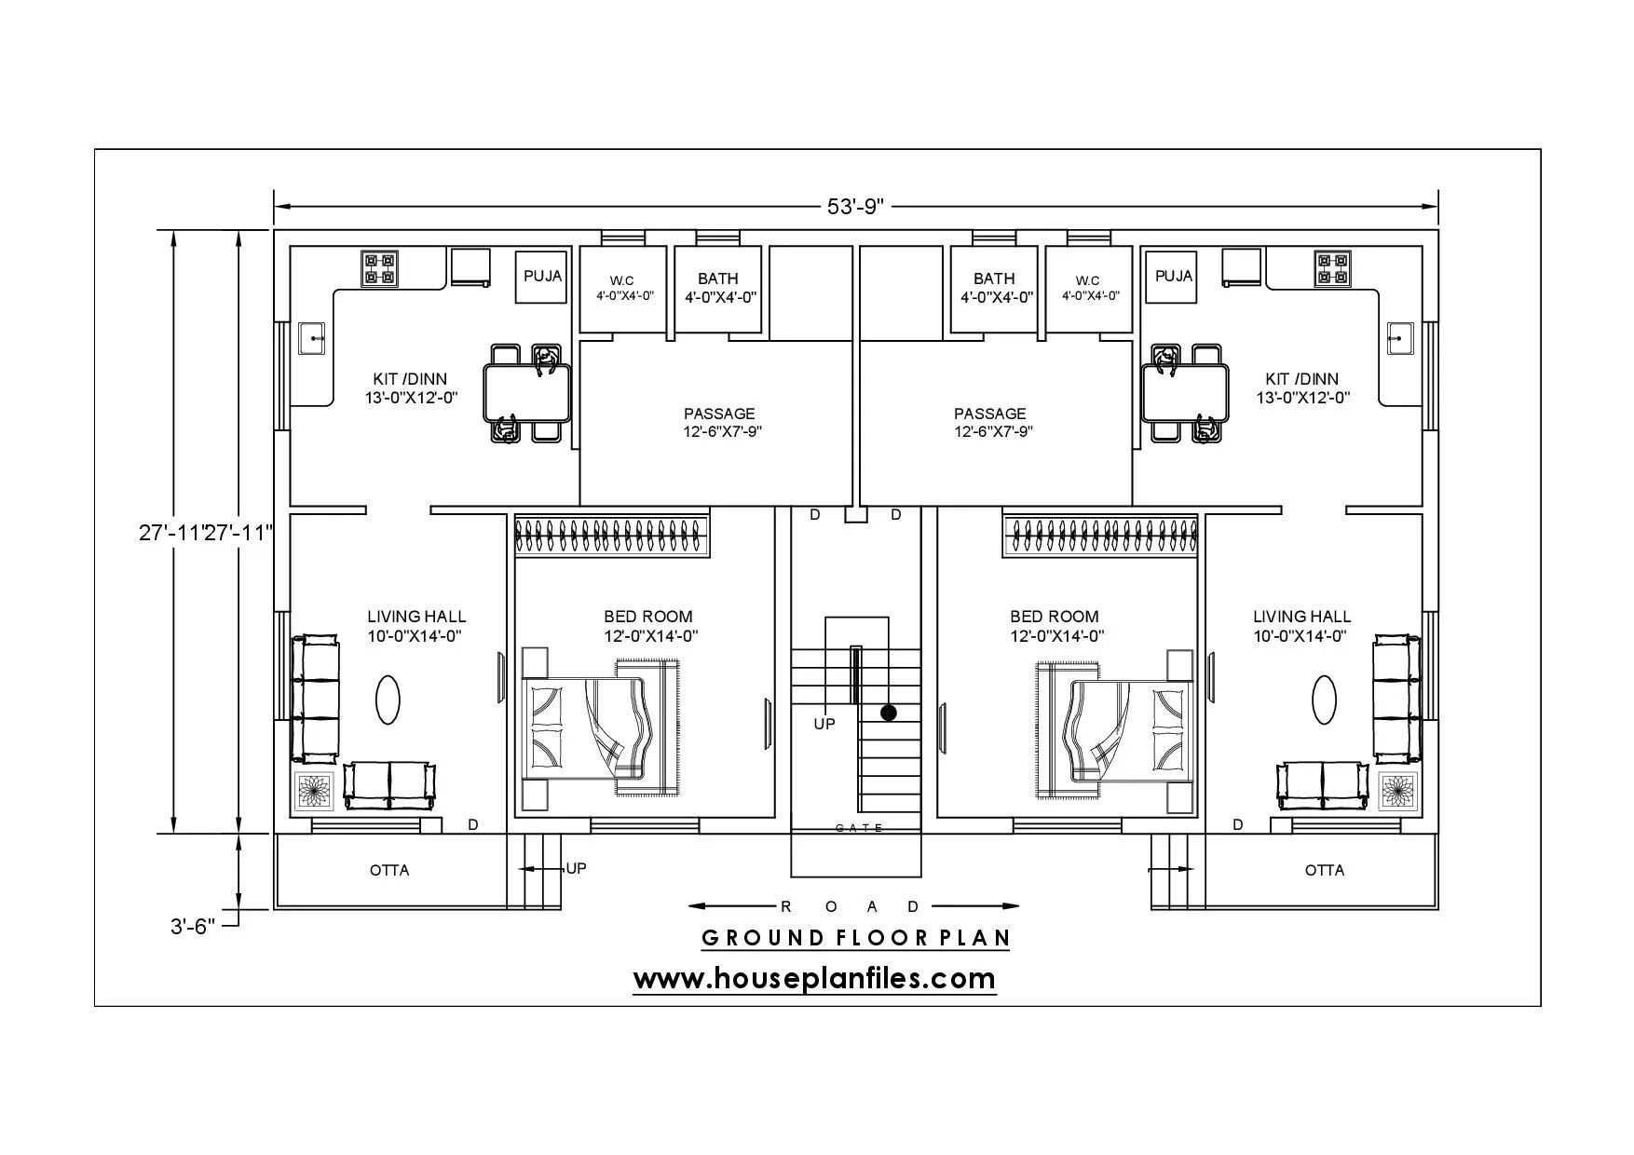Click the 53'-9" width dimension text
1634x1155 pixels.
[x=854, y=206]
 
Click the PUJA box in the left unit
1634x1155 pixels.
[x=542, y=277]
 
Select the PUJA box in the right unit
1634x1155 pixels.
[x=1173, y=276]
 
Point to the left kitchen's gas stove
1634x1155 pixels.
[x=380, y=268]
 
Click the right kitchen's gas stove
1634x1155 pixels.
[x=1332, y=268]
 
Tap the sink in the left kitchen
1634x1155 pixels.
[x=312, y=338]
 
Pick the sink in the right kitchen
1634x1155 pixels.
[x=1400, y=338]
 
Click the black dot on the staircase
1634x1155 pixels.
[x=889, y=713]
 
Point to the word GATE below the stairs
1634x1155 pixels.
[x=859, y=828]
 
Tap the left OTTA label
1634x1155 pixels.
[x=389, y=870]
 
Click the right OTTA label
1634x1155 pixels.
[x=1325, y=870]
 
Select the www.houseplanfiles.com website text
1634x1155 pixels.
[x=814, y=979]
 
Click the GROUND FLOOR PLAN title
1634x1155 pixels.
[x=856, y=937]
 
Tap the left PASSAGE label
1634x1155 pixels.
[x=719, y=414]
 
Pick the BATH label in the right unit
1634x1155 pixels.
[x=994, y=279]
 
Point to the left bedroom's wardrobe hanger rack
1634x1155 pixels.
[x=612, y=537]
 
